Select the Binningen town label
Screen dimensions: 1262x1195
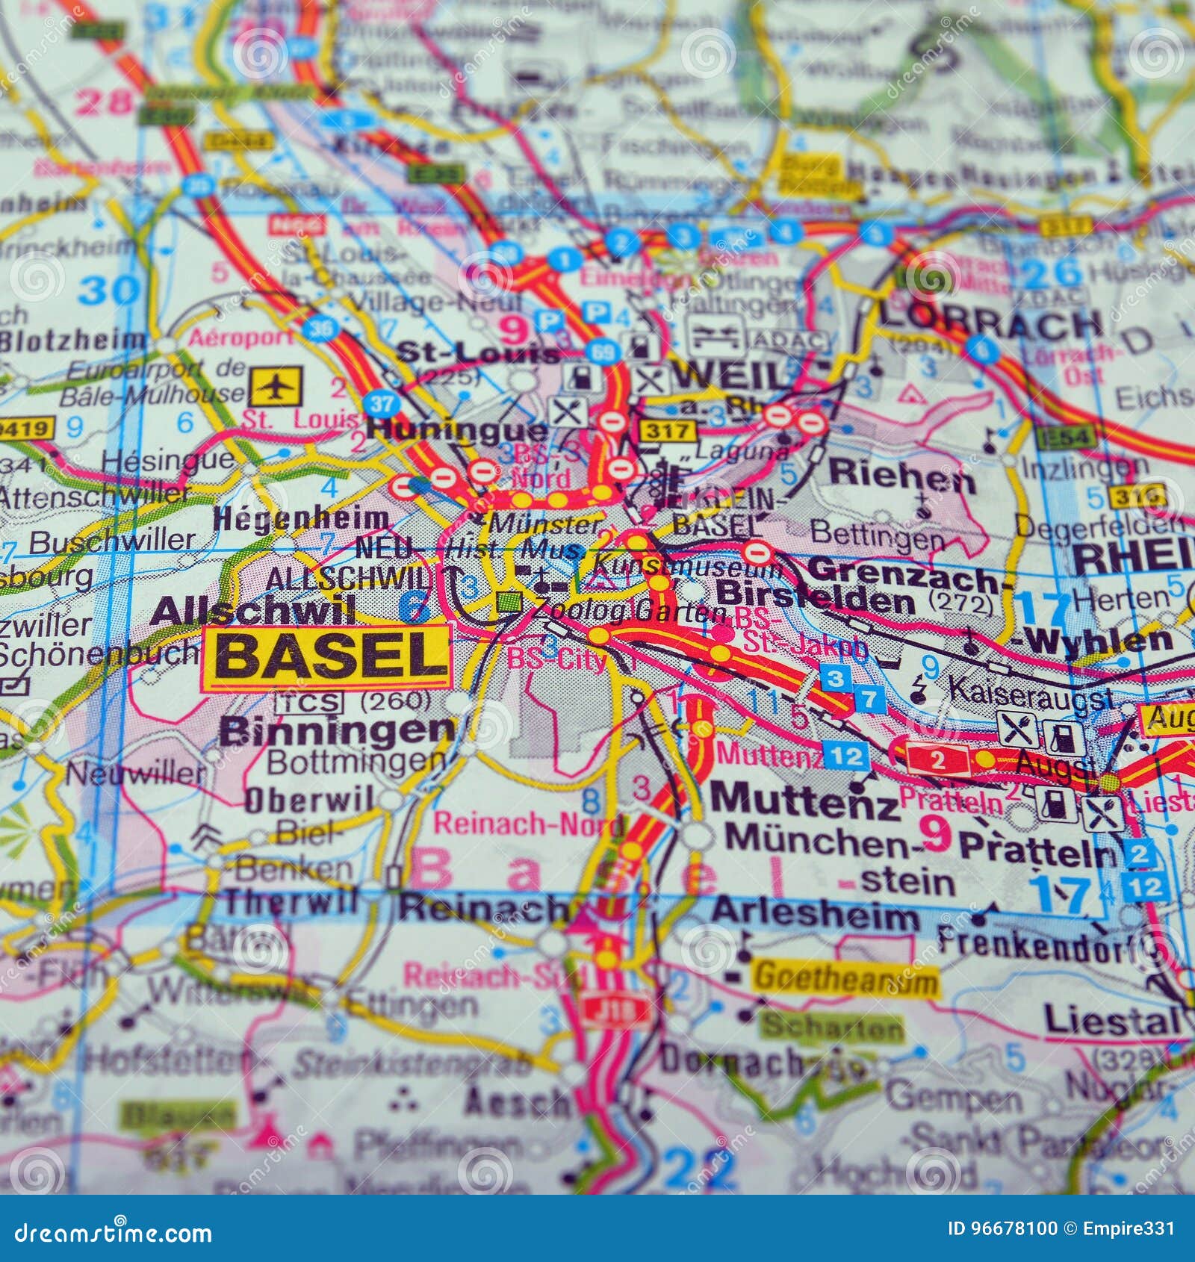[336, 730]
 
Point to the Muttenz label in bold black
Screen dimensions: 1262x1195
[804, 800]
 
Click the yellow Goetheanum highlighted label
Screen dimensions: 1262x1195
[845, 977]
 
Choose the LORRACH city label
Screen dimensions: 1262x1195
[990, 323]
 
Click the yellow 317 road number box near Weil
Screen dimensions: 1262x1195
[667, 431]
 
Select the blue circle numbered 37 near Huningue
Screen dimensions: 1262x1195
[381, 405]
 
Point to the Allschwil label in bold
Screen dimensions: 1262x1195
[252, 611]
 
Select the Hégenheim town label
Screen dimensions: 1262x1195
[301, 518]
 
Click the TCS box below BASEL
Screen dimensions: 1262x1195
[308, 703]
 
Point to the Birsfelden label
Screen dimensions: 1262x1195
[814, 598]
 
